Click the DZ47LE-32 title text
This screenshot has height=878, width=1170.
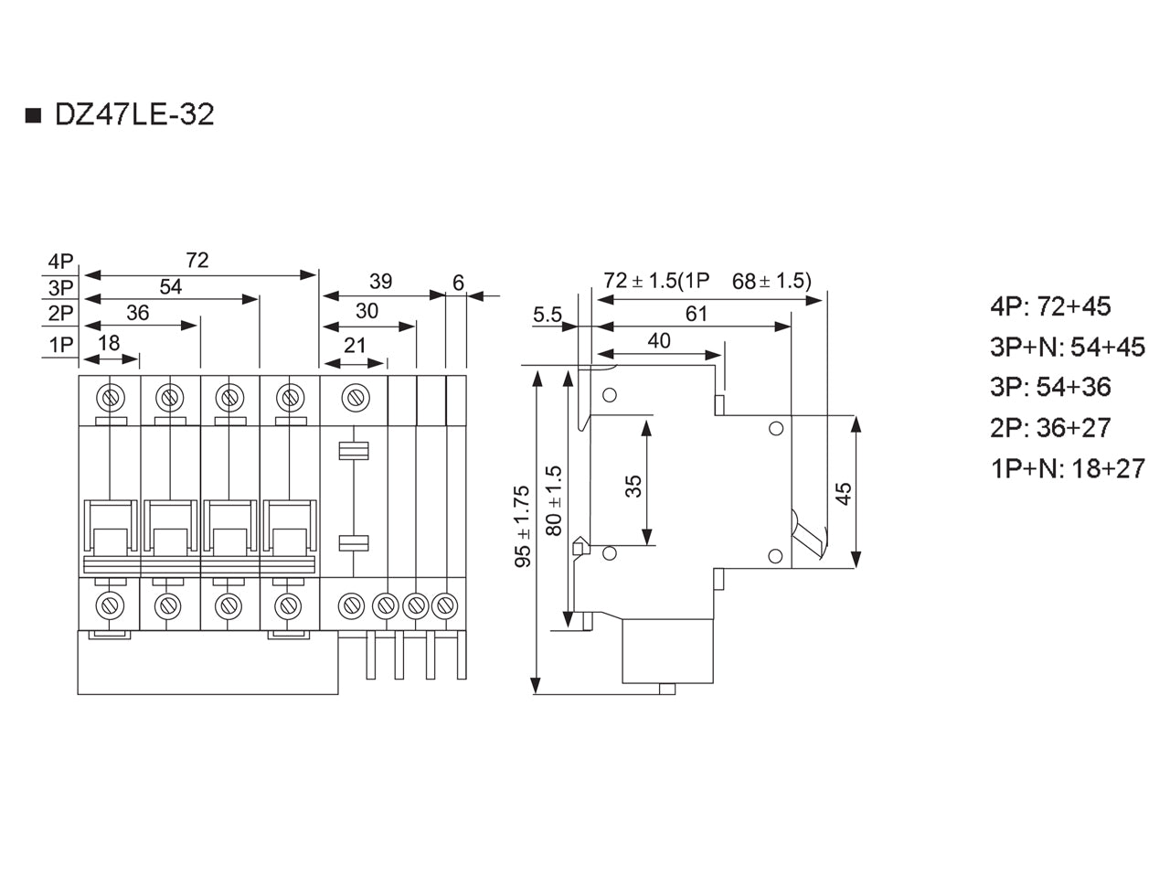(x=134, y=114)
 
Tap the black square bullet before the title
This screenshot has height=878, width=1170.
(x=34, y=115)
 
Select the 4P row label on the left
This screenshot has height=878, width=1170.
(x=60, y=262)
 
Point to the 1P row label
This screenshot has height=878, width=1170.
(x=60, y=345)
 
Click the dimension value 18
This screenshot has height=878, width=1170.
(x=109, y=343)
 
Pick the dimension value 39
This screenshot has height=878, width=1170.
(x=380, y=281)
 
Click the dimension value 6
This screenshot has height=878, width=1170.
(x=458, y=283)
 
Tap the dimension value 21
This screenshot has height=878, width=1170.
(x=355, y=346)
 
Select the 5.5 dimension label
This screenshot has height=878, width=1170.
(x=548, y=315)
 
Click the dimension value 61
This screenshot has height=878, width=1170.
(x=697, y=314)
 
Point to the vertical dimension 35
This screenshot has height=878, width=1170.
(x=633, y=487)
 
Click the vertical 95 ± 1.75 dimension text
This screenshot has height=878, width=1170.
(x=522, y=526)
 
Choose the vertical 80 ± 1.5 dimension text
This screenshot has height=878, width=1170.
(x=554, y=500)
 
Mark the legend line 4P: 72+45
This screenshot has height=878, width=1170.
(x=1050, y=306)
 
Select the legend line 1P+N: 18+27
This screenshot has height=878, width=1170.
(x=1067, y=468)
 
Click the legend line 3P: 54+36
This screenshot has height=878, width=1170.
(x=1050, y=387)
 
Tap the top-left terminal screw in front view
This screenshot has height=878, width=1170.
(x=110, y=398)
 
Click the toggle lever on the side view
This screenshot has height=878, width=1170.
(x=808, y=536)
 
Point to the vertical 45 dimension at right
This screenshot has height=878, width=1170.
(x=844, y=493)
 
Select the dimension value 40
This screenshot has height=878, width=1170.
(x=659, y=340)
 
